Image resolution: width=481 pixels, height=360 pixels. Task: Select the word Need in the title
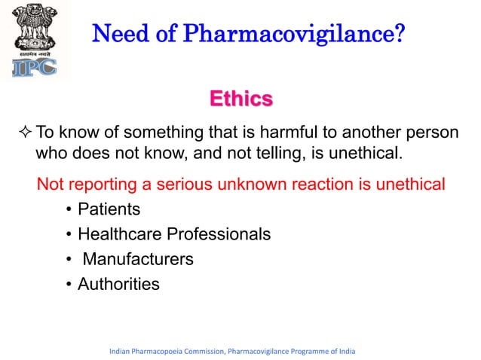(x=118, y=34)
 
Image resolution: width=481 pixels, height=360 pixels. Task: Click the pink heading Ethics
(x=240, y=99)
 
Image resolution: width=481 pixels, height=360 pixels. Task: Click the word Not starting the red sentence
(x=51, y=184)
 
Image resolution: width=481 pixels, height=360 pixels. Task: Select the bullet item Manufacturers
(x=138, y=259)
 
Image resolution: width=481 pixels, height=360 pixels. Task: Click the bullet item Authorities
(x=118, y=284)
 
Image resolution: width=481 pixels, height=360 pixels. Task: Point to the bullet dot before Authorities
(x=69, y=285)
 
